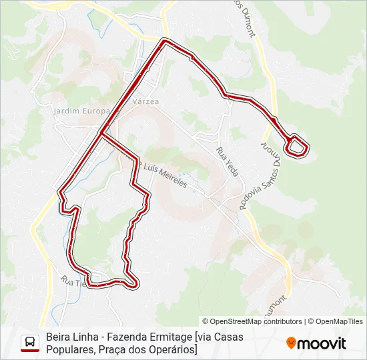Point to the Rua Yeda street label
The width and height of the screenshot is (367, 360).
click(x=228, y=162)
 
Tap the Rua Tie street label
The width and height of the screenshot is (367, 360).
click(x=73, y=282)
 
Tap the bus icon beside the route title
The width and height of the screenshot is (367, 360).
click(x=29, y=343)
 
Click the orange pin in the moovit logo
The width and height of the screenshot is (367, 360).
click(x=291, y=343)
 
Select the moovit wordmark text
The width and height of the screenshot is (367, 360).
click(x=322, y=343)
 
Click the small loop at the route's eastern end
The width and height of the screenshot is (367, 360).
click(x=298, y=145)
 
